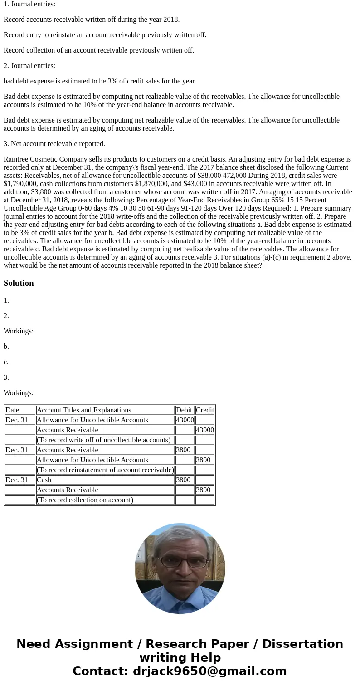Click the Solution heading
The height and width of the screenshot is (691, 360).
tap(19, 283)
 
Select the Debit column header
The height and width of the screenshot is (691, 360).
tap(184, 410)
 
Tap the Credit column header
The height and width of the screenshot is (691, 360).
tap(205, 410)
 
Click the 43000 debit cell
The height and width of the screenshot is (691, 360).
tap(185, 420)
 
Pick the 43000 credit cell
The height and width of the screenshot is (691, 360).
tap(205, 430)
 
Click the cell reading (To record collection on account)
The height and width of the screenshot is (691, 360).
tap(85, 500)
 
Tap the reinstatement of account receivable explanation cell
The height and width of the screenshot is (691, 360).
tap(105, 470)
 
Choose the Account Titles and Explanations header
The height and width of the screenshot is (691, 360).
tap(84, 410)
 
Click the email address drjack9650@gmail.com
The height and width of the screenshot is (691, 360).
tap(209, 671)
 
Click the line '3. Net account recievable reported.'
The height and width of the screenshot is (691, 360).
tap(54, 144)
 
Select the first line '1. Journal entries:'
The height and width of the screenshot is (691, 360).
tap(29, 4)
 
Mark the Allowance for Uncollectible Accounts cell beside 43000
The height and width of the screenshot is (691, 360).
tap(92, 420)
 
